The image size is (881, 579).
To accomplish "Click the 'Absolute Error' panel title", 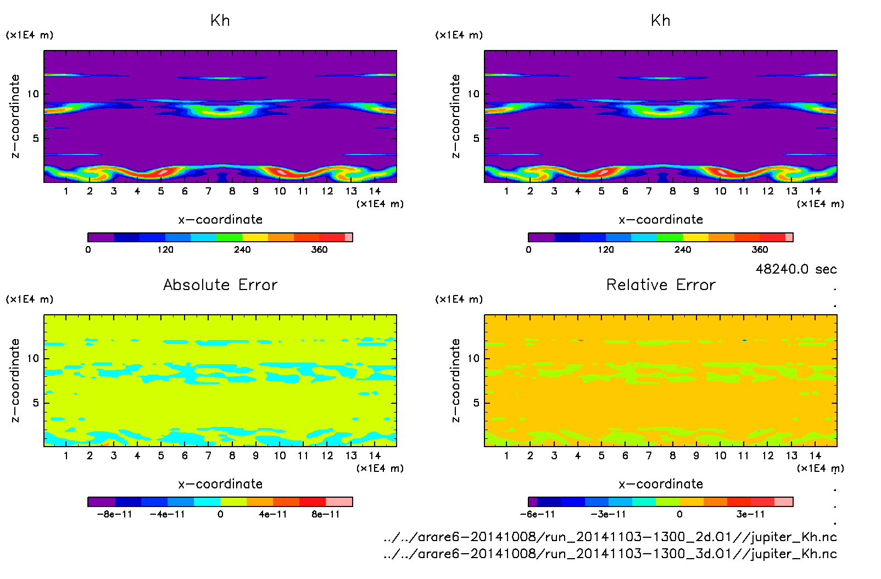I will point(220,285).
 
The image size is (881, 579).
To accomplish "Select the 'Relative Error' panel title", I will point(661,285).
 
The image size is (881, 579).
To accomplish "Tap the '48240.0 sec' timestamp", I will point(796,269).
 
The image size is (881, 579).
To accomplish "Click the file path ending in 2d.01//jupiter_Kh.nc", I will point(610,537).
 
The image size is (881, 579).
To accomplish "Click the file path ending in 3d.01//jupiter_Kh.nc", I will point(610,554).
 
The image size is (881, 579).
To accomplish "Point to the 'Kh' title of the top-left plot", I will point(220,21).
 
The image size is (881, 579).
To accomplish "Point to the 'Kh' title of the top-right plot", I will point(661,21).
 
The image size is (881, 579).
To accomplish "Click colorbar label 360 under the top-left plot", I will point(319,250).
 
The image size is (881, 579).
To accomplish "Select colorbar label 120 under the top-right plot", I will point(606,250).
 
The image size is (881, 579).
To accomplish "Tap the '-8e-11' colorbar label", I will point(115,515).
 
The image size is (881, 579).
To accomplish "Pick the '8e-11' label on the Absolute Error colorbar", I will point(326,515).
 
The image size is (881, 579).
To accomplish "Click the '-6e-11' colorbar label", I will point(537,515).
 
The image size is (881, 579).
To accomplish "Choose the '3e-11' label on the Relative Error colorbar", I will point(750,515).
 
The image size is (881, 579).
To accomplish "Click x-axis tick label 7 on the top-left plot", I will point(208,192).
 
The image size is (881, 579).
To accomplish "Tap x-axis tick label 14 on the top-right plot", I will point(815,192).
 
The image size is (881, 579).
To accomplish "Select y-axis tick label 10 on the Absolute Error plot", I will point(34,359).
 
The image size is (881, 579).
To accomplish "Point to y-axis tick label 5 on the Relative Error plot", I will point(476,403).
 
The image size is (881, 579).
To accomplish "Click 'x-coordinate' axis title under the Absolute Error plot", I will point(220,484).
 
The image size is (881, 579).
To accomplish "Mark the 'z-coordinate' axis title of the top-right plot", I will point(455,116).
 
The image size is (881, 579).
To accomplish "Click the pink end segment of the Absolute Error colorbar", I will point(339,502).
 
